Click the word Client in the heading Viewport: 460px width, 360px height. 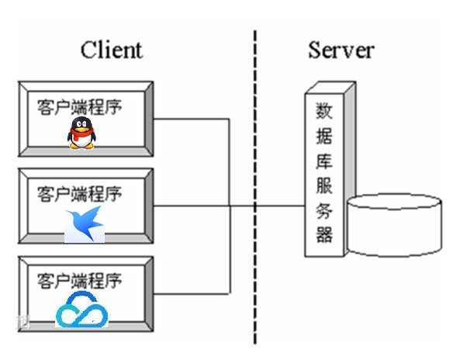coord(112,50)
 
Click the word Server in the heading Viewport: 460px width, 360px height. coord(341,50)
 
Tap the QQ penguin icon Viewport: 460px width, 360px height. coord(81,133)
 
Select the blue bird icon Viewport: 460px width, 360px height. coord(84,223)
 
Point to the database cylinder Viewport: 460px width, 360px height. coord(395,225)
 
